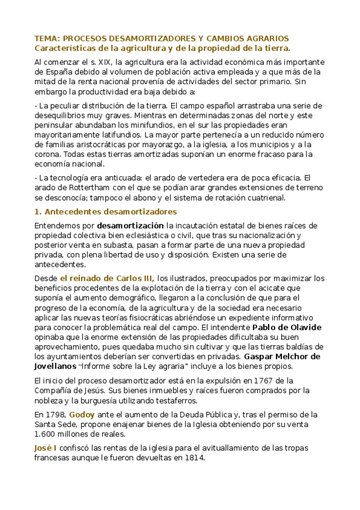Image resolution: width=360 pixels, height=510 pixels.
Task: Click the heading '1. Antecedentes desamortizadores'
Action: coord(106,212)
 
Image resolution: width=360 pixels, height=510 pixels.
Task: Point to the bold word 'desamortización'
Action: coord(130,226)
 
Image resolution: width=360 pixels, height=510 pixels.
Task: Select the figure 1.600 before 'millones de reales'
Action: coord(46,434)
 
